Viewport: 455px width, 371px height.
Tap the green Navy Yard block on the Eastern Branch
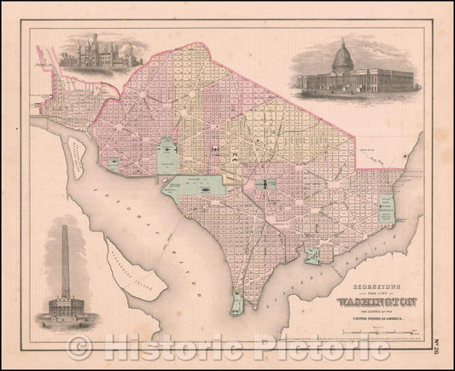click(x=314, y=253)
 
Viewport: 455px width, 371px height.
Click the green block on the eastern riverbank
click(x=386, y=207)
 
